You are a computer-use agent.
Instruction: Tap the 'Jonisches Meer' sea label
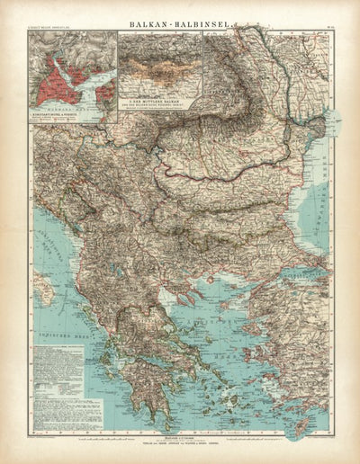[x=63, y=343]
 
